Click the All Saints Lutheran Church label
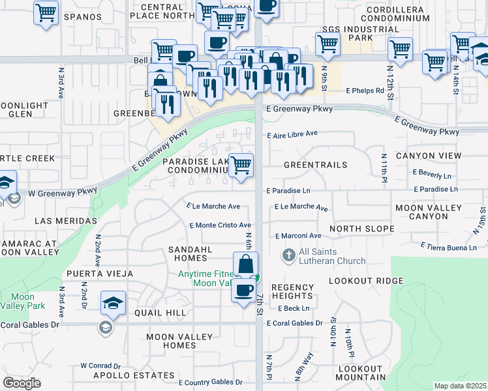333,257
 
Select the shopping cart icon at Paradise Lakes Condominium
241,165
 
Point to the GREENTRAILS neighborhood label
315,166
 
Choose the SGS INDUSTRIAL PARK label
347,34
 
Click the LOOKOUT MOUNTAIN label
361,373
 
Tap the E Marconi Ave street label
298,236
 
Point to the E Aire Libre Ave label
293,134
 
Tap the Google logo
22,383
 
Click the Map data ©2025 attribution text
460,386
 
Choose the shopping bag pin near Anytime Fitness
245,265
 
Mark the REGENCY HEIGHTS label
293,292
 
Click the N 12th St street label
391,81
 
